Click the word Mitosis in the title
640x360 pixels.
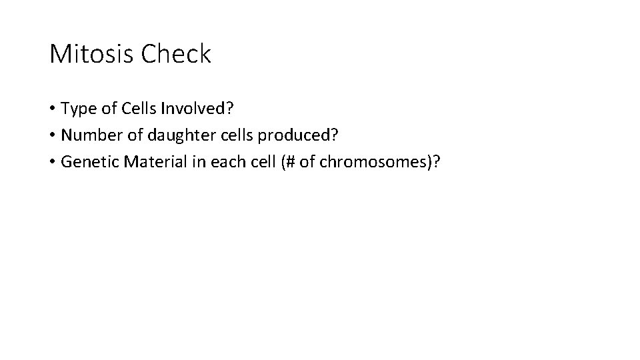pyautogui.click(x=92, y=54)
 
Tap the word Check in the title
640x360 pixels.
pyautogui.click(x=176, y=54)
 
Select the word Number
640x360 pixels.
pyautogui.click(x=89, y=135)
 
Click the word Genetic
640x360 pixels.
pyautogui.click(x=86, y=164)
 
